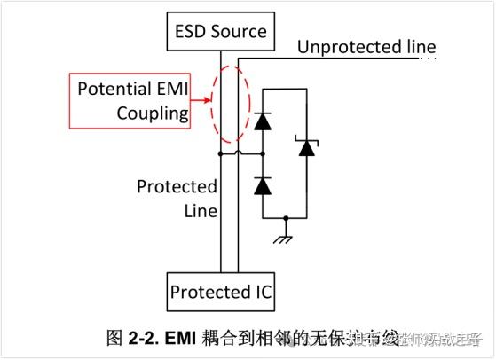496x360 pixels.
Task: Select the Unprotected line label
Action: click(366, 47)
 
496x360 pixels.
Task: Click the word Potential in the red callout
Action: click(113, 90)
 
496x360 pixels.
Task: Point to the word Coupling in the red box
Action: click(153, 113)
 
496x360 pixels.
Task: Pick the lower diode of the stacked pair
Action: click(263, 185)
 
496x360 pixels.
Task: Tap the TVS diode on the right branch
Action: click(307, 147)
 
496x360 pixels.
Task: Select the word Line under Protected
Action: click(200, 210)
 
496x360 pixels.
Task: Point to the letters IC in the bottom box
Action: click(264, 292)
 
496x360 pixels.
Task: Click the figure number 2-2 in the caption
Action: click(146, 338)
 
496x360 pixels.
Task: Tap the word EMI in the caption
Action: click(187, 338)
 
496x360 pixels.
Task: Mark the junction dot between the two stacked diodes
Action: click(263, 154)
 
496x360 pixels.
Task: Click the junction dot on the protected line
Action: click(221, 154)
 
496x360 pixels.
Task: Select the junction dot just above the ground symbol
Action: click(285, 217)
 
